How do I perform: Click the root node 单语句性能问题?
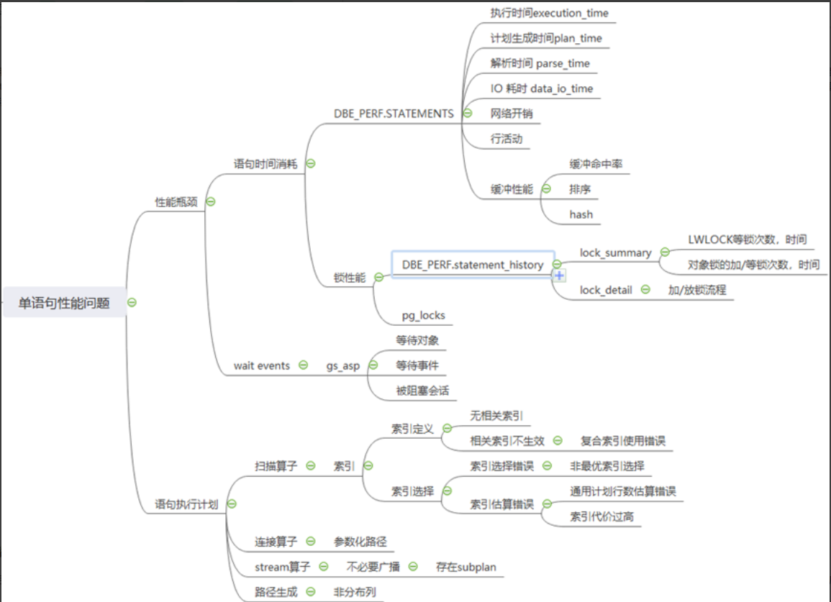(64, 303)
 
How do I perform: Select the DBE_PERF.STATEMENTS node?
(393, 113)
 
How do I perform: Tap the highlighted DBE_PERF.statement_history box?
(473, 265)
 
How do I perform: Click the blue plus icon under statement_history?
(559, 275)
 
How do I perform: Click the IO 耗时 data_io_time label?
(542, 88)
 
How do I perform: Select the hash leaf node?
(581, 214)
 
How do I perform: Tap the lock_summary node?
(615, 252)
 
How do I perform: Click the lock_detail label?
(606, 290)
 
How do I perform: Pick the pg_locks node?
(423, 315)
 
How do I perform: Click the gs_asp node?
(343, 365)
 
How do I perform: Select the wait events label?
(261, 365)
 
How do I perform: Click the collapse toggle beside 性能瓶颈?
(211, 201)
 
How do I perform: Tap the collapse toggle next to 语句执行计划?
(232, 504)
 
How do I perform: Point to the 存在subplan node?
(466, 567)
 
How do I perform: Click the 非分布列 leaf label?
(354, 592)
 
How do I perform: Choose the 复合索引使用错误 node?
(618, 441)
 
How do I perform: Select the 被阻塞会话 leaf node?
(422, 391)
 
